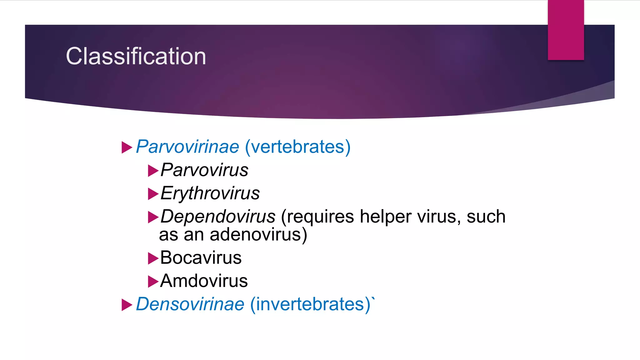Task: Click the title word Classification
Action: pyautogui.click(x=136, y=56)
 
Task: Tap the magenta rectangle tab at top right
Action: pyautogui.click(x=566, y=30)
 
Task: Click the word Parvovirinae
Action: pyautogui.click(x=187, y=147)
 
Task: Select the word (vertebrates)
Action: pyautogui.click(x=297, y=147)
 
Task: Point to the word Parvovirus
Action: pyautogui.click(x=204, y=170)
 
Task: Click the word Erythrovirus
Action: pyautogui.click(x=210, y=193)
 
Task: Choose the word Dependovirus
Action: pyautogui.click(x=218, y=216)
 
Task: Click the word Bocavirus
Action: pyautogui.click(x=201, y=258)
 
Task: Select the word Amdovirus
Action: pyautogui.click(x=204, y=281)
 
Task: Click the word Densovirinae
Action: pyautogui.click(x=190, y=304)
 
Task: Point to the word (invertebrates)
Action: pyautogui.click(x=310, y=304)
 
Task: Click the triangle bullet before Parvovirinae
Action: pyautogui.click(x=126, y=147)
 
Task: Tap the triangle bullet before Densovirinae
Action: pyautogui.click(x=126, y=305)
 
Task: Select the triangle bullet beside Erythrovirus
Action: pyautogui.click(x=152, y=194)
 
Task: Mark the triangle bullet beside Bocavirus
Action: pyautogui.click(x=152, y=259)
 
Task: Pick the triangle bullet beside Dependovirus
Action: pyautogui.click(x=152, y=217)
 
